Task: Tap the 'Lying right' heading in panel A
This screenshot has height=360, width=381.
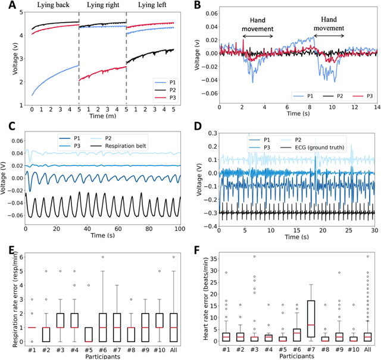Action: (102, 5)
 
